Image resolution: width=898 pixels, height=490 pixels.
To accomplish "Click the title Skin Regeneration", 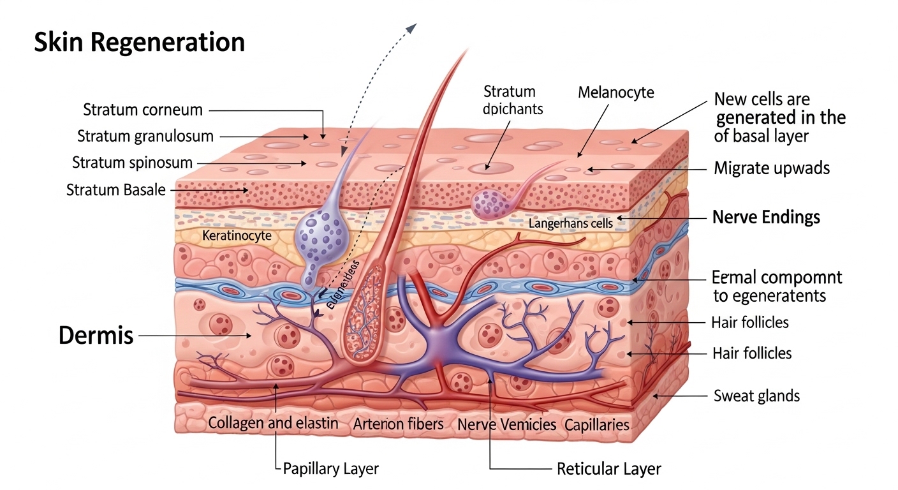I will tap(139, 42).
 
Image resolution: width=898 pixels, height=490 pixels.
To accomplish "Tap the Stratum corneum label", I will tap(143, 110).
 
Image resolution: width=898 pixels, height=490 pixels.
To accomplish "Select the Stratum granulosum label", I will tap(145, 136).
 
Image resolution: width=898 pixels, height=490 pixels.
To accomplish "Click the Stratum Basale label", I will tap(116, 189).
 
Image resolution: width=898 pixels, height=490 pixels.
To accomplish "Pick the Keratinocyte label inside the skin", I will tap(237, 235).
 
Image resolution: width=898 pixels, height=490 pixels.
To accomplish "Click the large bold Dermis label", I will tap(96, 335).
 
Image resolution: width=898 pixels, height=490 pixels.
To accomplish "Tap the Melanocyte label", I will tap(615, 93).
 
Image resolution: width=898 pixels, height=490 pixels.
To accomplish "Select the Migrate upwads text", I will tap(771, 168).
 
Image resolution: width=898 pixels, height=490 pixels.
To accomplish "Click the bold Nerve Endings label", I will tap(765, 217).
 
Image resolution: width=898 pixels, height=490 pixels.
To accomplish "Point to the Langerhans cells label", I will tap(571, 223).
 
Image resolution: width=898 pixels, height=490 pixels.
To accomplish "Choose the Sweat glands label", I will tap(756, 396).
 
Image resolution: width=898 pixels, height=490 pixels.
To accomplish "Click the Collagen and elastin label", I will tap(273, 423).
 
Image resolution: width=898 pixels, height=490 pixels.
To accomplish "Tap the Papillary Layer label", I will tap(330, 469).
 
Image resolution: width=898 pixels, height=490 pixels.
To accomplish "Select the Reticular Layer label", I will tap(608, 470).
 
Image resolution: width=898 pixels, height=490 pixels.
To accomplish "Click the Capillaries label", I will tap(596, 424).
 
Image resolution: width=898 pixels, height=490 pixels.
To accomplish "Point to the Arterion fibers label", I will tap(399, 424).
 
